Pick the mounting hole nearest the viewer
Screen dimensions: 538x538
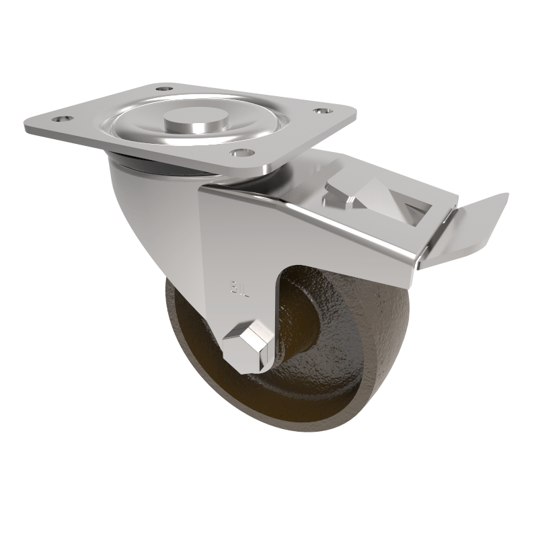[x=237, y=152]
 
